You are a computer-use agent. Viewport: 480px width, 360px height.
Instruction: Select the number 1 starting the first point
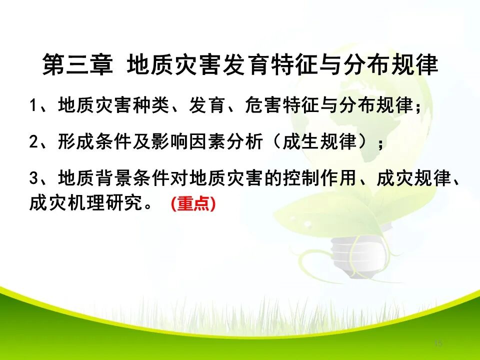[x=33, y=106]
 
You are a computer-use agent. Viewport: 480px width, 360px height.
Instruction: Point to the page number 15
[x=438, y=343]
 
